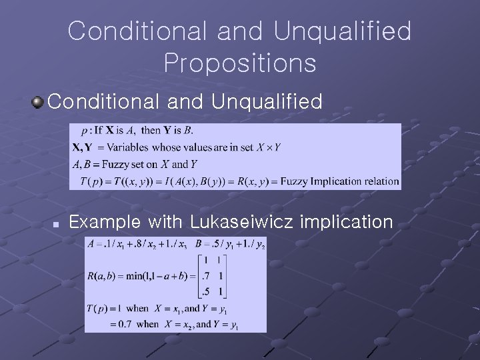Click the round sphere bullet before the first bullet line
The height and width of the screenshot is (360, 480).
click(38, 102)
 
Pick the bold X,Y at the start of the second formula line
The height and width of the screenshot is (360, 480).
click(83, 147)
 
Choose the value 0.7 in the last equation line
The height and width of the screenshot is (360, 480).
click(122, 324)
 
